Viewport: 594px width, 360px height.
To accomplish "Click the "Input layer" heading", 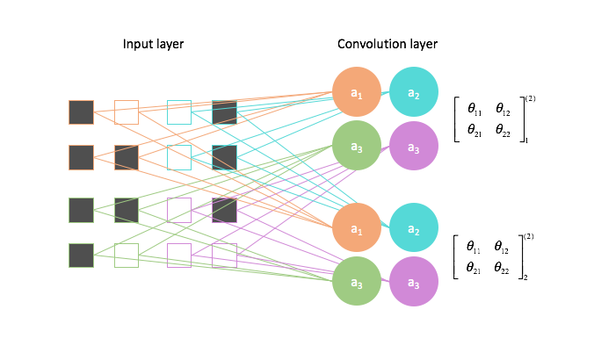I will (x=154, y=44).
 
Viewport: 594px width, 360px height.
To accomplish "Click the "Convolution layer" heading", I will (x=387, y=44).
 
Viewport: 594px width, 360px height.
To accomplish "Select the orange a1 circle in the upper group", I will (x=357, y=93).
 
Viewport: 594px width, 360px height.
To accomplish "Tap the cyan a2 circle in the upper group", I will (x=413, y=93).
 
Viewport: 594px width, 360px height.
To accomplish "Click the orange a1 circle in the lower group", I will (x=357, y=228).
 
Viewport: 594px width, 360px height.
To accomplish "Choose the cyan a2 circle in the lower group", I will (x=413, y=228).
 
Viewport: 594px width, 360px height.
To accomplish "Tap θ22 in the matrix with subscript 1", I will (x=503, y=130).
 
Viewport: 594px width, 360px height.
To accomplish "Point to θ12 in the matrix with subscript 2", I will (x=503, y=248).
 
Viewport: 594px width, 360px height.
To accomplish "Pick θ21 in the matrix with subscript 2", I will (x=474, y=267).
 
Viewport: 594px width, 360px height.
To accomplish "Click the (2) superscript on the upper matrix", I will (x=531, y=98).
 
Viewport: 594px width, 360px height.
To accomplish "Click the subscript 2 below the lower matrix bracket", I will (x=526, y=277).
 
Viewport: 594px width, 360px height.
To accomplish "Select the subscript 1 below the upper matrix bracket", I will (x=526, y=140).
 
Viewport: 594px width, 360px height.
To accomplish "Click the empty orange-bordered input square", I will (x=127, y=112).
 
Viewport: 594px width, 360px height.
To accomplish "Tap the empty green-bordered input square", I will (x=127, y=256).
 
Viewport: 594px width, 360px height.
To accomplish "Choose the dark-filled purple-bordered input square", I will (x=224, y=210).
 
